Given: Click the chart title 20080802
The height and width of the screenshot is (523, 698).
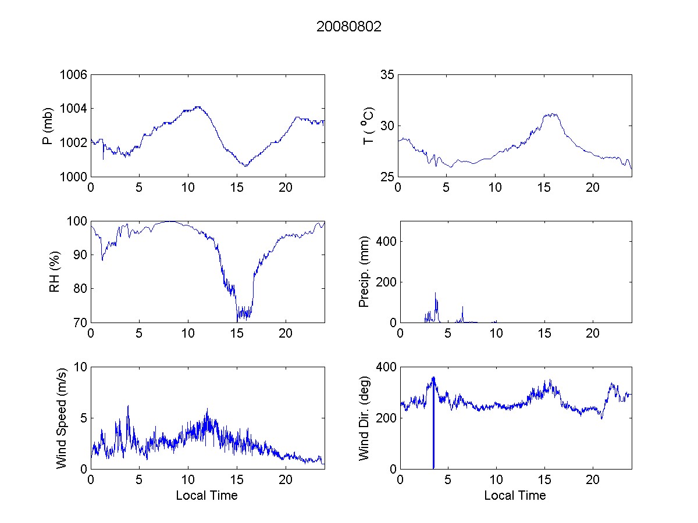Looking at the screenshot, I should [348, 27].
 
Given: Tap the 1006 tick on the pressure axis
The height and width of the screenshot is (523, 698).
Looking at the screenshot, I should [73, 74].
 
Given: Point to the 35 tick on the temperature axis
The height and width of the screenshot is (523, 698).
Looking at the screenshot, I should [387, 74].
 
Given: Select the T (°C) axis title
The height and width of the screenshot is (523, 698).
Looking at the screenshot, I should [368, 126].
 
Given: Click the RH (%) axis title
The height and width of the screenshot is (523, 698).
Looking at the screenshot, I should [54, 271].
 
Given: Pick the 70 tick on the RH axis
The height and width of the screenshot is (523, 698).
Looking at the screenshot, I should [80, 323].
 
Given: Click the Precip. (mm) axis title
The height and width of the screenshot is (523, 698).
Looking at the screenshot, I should [364, 271].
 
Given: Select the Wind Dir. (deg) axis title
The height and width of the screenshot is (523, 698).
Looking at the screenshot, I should [364, 417].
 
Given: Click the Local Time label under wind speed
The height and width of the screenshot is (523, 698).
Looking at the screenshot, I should [206, 495].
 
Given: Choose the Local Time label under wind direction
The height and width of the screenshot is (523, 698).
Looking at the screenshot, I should [515, 495].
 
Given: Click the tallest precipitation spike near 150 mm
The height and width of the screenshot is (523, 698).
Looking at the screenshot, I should [436, 293].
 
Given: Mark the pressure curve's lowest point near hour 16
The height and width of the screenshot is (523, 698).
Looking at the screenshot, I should [246, 166].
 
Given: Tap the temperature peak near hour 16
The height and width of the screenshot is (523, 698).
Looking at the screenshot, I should [551, 114].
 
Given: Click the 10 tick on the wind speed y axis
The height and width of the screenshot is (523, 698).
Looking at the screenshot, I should [80, 367].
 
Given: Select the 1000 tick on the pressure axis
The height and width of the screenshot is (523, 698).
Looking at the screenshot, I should [73, 177].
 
